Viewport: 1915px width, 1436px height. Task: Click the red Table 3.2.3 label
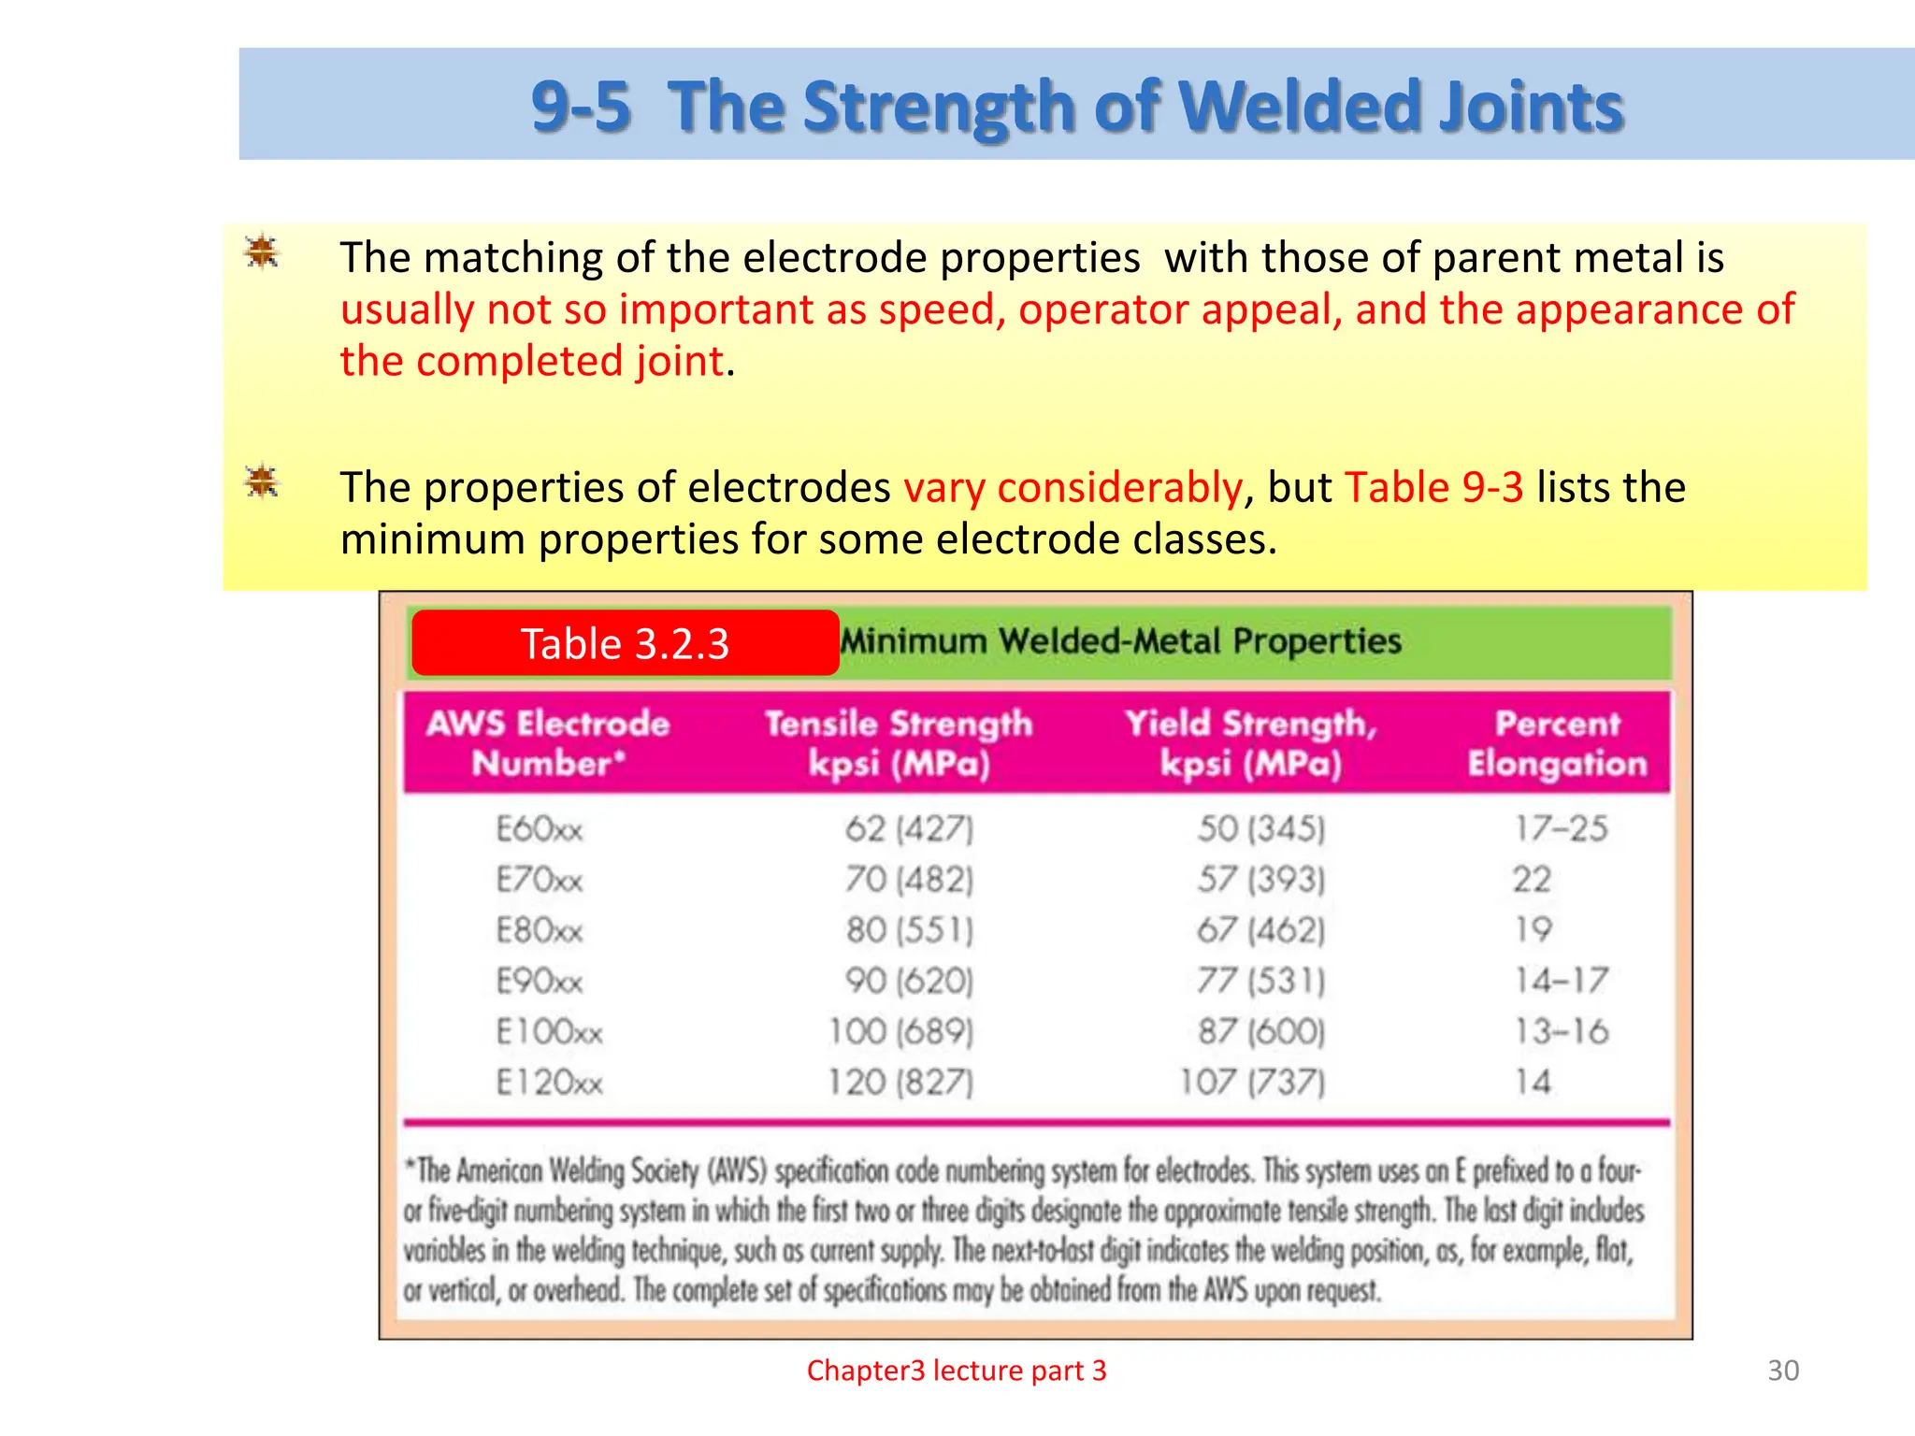625,643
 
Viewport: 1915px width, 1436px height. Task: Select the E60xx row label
540,828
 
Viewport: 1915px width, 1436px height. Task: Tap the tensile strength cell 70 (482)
909,879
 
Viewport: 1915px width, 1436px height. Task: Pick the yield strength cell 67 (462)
1260,929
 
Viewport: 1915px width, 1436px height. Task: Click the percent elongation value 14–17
1561,980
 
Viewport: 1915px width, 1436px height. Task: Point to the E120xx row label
549,1083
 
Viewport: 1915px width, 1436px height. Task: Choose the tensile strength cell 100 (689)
900,1031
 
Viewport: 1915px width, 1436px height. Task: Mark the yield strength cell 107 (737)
1252,1083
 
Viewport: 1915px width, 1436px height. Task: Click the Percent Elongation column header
1557,743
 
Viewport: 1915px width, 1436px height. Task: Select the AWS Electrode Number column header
548,743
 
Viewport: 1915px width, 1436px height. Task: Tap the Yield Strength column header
1251,743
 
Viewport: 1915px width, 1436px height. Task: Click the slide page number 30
1783,1371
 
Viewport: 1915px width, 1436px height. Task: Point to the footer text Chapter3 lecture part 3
957,1371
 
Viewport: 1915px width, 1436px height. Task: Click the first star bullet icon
262,251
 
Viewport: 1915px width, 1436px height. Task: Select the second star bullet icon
262,482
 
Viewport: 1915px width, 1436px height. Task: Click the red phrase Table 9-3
1434,488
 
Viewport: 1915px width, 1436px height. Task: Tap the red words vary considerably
1073,488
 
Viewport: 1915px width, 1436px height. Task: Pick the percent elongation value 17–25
1561,828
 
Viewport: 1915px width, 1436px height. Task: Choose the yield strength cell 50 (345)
1260,828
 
